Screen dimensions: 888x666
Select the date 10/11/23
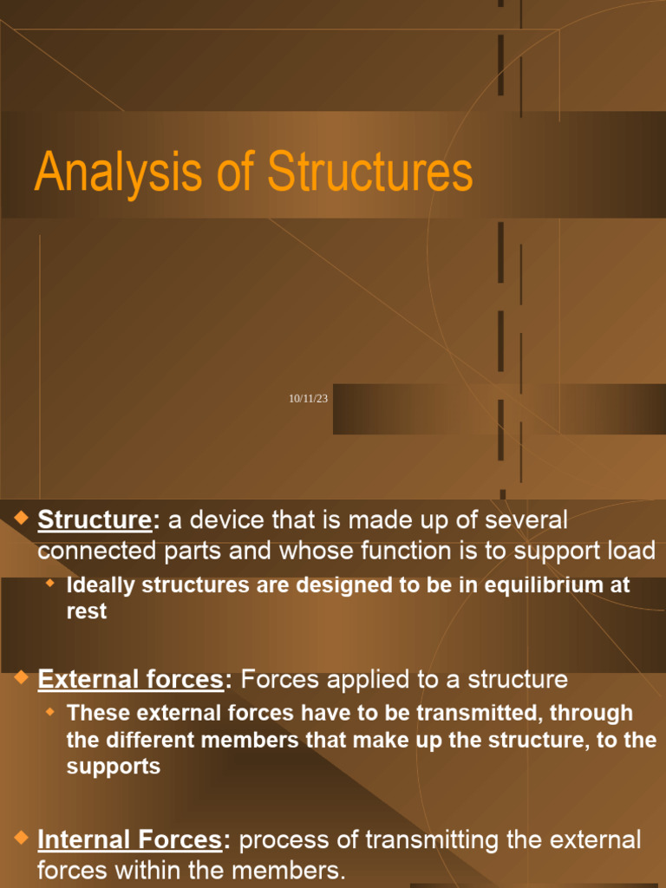click(x=308, y=398)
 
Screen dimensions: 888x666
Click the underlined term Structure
click(x=95, y=520)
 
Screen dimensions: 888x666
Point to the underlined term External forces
click(x=131, y=680)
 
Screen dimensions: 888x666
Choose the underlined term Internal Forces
click(x=129, y=839)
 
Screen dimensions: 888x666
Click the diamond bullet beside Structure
click(x=22, y=519)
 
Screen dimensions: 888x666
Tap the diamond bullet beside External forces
click(x=22, y=678)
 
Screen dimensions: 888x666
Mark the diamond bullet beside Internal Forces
click(x=22, y=838)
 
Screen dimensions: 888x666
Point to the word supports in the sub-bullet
click(x=113, y=768)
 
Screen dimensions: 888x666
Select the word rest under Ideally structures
click(x=87, y=611)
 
